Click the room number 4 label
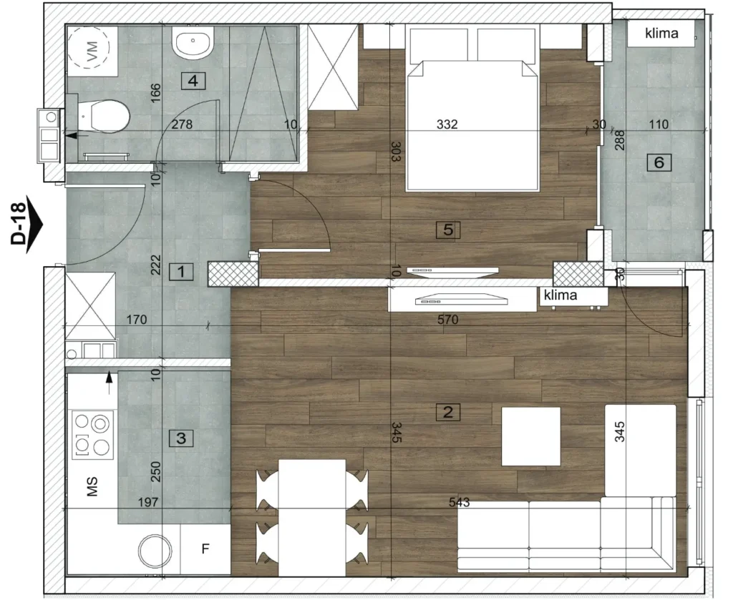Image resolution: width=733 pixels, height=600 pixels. coord(193,81)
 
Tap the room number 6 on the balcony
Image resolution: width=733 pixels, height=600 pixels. coord(659,162)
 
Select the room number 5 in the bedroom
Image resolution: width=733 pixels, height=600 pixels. coord(448,230)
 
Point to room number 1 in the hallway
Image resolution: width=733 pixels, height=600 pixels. coord(181,271)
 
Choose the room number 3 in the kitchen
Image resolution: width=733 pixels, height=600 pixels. coord(181,438)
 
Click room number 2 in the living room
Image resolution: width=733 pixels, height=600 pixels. coord(448,412)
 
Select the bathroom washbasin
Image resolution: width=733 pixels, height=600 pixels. coord(193,42)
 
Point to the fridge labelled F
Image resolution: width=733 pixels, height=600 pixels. coord(205,549)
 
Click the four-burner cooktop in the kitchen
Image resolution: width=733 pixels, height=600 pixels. coord(92,435)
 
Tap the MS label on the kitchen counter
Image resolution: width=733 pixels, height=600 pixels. coord(92,486)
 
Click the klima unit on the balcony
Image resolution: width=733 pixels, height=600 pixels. coord(661,34)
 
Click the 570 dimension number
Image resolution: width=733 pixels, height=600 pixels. coord(447,320)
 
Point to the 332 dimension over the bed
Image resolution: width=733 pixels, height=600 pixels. coord(447,124)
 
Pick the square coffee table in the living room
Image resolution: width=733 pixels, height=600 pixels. coord(531,436)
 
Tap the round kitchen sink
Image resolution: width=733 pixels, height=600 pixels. coord(155,551)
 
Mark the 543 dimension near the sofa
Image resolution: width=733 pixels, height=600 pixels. coord(459,502)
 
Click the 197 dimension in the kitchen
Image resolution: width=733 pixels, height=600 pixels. coord(148,502)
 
